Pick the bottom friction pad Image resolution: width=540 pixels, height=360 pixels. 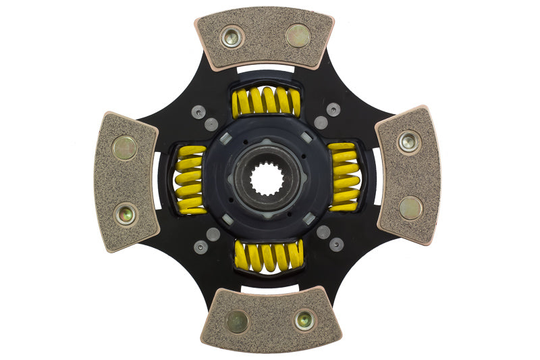coord(270,320)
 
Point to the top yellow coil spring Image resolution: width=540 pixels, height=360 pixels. coord(266,101)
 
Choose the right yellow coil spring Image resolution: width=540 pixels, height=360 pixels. coord(346,177)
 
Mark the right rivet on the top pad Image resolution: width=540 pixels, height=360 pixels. coord(298,35)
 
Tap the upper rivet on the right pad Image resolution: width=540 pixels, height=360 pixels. coord(408,142)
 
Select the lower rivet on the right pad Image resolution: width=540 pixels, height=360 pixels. coord(410,207)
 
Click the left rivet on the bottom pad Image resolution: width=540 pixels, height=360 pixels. coord(237,322)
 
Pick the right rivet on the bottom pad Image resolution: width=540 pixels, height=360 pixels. coord(304,319)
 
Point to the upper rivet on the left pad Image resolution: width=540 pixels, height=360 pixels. coord(124,148)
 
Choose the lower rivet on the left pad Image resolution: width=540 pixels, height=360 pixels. coord(126,214)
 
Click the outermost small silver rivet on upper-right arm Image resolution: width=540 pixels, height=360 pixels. coord(333,109)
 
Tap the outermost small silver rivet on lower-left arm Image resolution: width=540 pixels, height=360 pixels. coord(200,247)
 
